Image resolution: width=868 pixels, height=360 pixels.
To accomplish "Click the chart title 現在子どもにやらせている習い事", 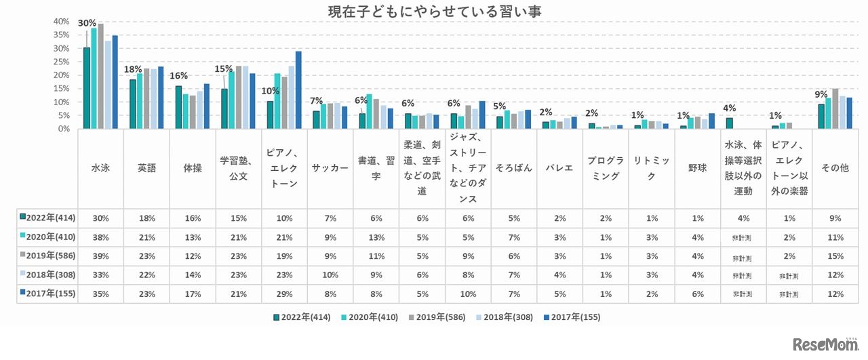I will coord(434,12).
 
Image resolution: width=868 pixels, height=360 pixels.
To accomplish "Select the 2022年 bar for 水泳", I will coord(87,88).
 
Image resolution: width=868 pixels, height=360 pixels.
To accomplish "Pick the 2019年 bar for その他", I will coord(835,108).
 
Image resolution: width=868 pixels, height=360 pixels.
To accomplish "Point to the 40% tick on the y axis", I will coord(61,22).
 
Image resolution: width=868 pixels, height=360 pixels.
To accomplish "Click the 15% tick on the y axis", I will coord(61,88).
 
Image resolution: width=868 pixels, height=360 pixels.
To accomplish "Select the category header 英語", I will coord(146,168).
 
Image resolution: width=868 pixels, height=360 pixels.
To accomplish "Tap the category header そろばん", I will coord(513,168).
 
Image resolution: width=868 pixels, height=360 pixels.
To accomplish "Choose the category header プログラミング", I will coord(606,168).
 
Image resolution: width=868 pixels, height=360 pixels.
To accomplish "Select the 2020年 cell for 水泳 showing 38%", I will coord(100,237).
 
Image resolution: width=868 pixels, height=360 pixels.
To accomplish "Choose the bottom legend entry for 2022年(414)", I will coord(302,317).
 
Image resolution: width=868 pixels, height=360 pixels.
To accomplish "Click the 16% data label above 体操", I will coord(178,76).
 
